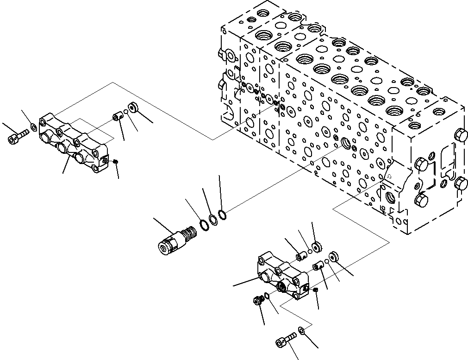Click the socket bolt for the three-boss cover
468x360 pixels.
pos(17,136)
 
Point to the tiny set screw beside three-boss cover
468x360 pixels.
pos(116,161)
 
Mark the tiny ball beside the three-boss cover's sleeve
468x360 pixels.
pos(125,112)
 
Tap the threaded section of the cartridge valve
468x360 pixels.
pos(187,231)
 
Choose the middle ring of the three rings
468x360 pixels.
pos(212,220)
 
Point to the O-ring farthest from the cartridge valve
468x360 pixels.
pos(222,215)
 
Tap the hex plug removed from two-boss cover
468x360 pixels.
pos(257,301)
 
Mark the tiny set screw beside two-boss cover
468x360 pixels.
pos(315,290)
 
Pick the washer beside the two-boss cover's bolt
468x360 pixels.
pos(301,330)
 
